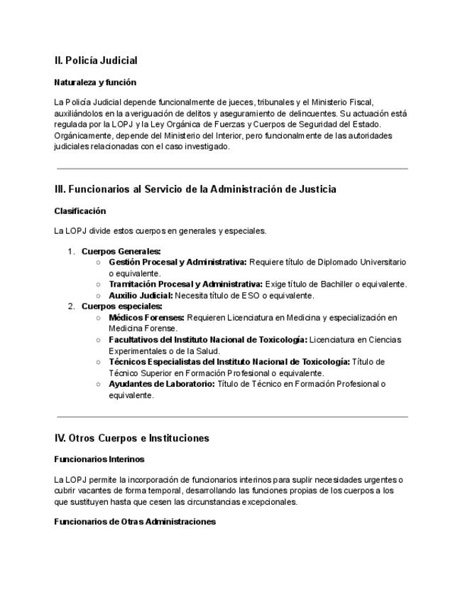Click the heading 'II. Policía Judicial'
96,60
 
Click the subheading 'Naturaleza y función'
95,82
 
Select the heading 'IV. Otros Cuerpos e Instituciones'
131,438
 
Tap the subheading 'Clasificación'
80,211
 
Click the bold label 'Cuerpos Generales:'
121,251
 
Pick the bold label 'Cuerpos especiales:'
122,306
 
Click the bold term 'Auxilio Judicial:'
141,295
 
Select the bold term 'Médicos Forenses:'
146,317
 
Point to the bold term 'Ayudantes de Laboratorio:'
162,384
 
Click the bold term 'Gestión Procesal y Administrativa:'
177,262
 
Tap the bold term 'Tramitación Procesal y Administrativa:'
185,284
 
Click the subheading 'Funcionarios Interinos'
99,459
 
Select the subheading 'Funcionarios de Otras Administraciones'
135,522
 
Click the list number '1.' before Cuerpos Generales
71,251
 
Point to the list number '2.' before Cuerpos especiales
71,306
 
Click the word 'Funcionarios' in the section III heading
99,189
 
